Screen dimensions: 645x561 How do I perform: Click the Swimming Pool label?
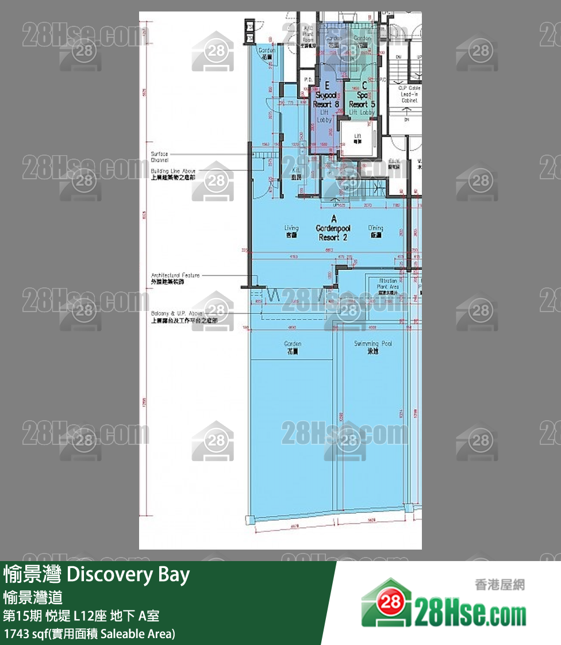coord(373,347)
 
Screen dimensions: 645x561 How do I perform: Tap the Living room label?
coord(291,231)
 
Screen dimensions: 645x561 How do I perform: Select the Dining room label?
coord(375,231)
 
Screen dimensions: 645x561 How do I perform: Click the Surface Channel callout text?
coord(160,156)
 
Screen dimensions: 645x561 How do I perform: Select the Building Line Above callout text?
coord(173,175)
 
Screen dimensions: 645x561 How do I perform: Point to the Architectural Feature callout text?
coord(175,278)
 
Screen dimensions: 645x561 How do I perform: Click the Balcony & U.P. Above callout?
coord(175,316)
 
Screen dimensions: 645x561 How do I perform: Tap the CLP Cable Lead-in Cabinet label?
coord(409,94)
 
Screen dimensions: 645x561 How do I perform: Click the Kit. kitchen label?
coord(297,174)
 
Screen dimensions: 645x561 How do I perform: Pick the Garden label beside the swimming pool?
coord(293,347)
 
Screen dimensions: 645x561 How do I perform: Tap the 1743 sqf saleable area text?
coord(89,634)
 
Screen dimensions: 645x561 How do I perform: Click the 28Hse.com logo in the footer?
coord(443,610)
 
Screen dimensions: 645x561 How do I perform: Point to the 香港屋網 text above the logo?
coord(499,585)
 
